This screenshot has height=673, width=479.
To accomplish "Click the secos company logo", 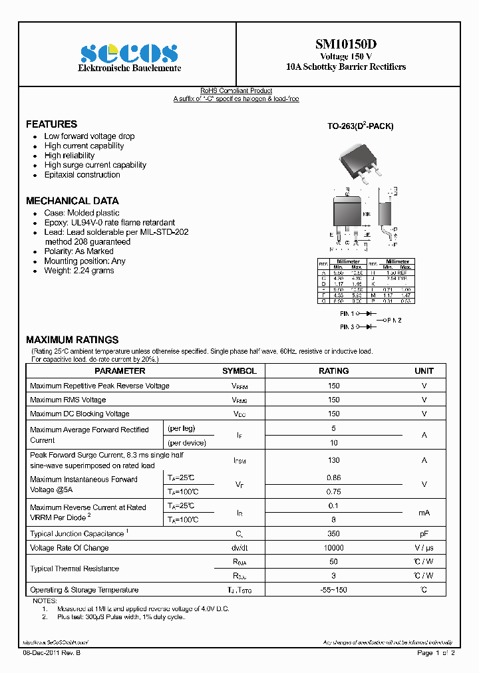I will (x=129, y=53).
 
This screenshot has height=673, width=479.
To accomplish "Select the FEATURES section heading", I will (x=51, y=124).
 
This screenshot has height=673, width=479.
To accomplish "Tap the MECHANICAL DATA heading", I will (x=72, y=201).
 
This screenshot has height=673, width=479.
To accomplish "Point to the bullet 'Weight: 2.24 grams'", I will (x=79, y=271).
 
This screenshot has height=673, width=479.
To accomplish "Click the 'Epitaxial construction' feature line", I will (x=82, y=175).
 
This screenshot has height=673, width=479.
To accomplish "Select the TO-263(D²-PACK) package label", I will (x=360, y=126).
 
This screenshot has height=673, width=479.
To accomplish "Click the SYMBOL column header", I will (x=239, y=371).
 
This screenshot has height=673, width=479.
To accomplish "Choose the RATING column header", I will (x=333, y=371).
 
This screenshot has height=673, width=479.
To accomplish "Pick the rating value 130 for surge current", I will (x=333, y=460).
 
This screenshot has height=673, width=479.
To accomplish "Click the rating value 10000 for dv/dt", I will (x=333, y=548).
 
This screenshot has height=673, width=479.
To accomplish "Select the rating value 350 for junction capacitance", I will (x=333, y=533).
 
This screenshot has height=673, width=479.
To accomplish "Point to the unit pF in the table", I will (x=424, y=533).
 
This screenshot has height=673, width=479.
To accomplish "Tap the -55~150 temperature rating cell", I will (x=333, y=590).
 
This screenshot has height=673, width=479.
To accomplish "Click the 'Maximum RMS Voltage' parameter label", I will (x=68, y=400).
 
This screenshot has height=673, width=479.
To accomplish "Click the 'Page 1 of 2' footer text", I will (x=436, y=653).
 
